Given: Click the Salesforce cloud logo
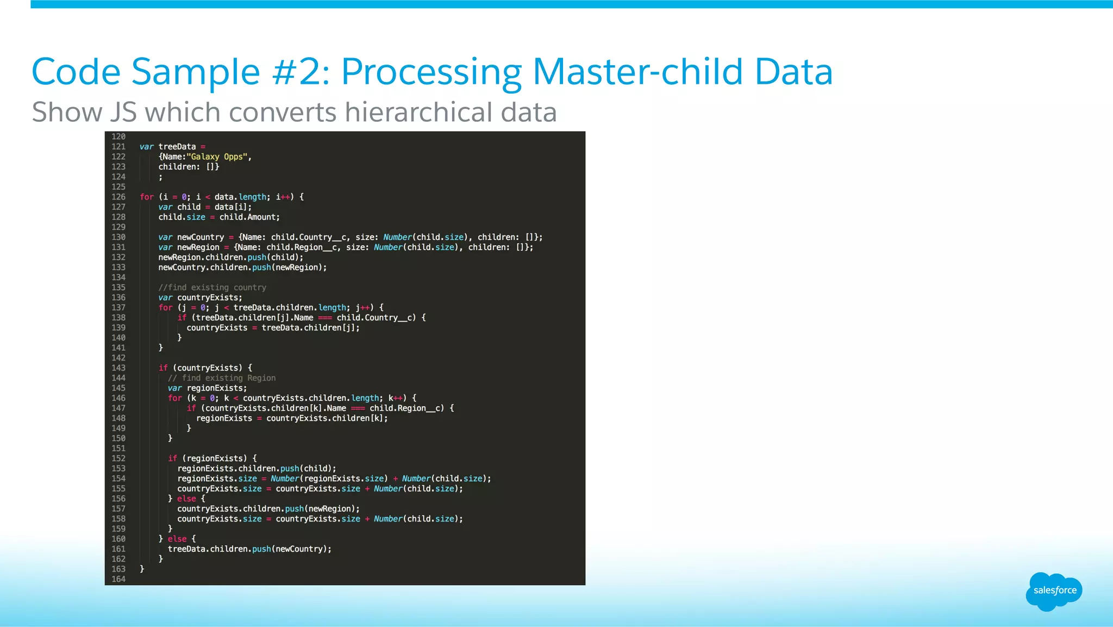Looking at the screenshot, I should pos(1054,591).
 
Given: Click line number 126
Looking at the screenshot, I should pos(118,197).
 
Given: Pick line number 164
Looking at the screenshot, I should pos(118,579).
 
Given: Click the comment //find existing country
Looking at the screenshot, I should pos(212,287).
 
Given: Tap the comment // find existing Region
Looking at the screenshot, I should pos(221,378).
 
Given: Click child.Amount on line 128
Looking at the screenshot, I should pos(249,217).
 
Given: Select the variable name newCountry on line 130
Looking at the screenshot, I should pos(200,237).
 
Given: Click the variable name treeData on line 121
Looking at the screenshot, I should pos(177,147).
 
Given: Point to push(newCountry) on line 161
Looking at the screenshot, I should pos(291,549).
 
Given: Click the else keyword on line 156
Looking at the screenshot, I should pos(186,499).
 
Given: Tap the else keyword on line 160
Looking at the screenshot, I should pos(177,539).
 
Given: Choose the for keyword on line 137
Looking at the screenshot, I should pos(165,308).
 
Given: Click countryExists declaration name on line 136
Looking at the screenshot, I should pos(208,297).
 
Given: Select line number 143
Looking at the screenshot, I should pos(118,368).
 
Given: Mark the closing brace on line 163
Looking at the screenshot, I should pos(142,569).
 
